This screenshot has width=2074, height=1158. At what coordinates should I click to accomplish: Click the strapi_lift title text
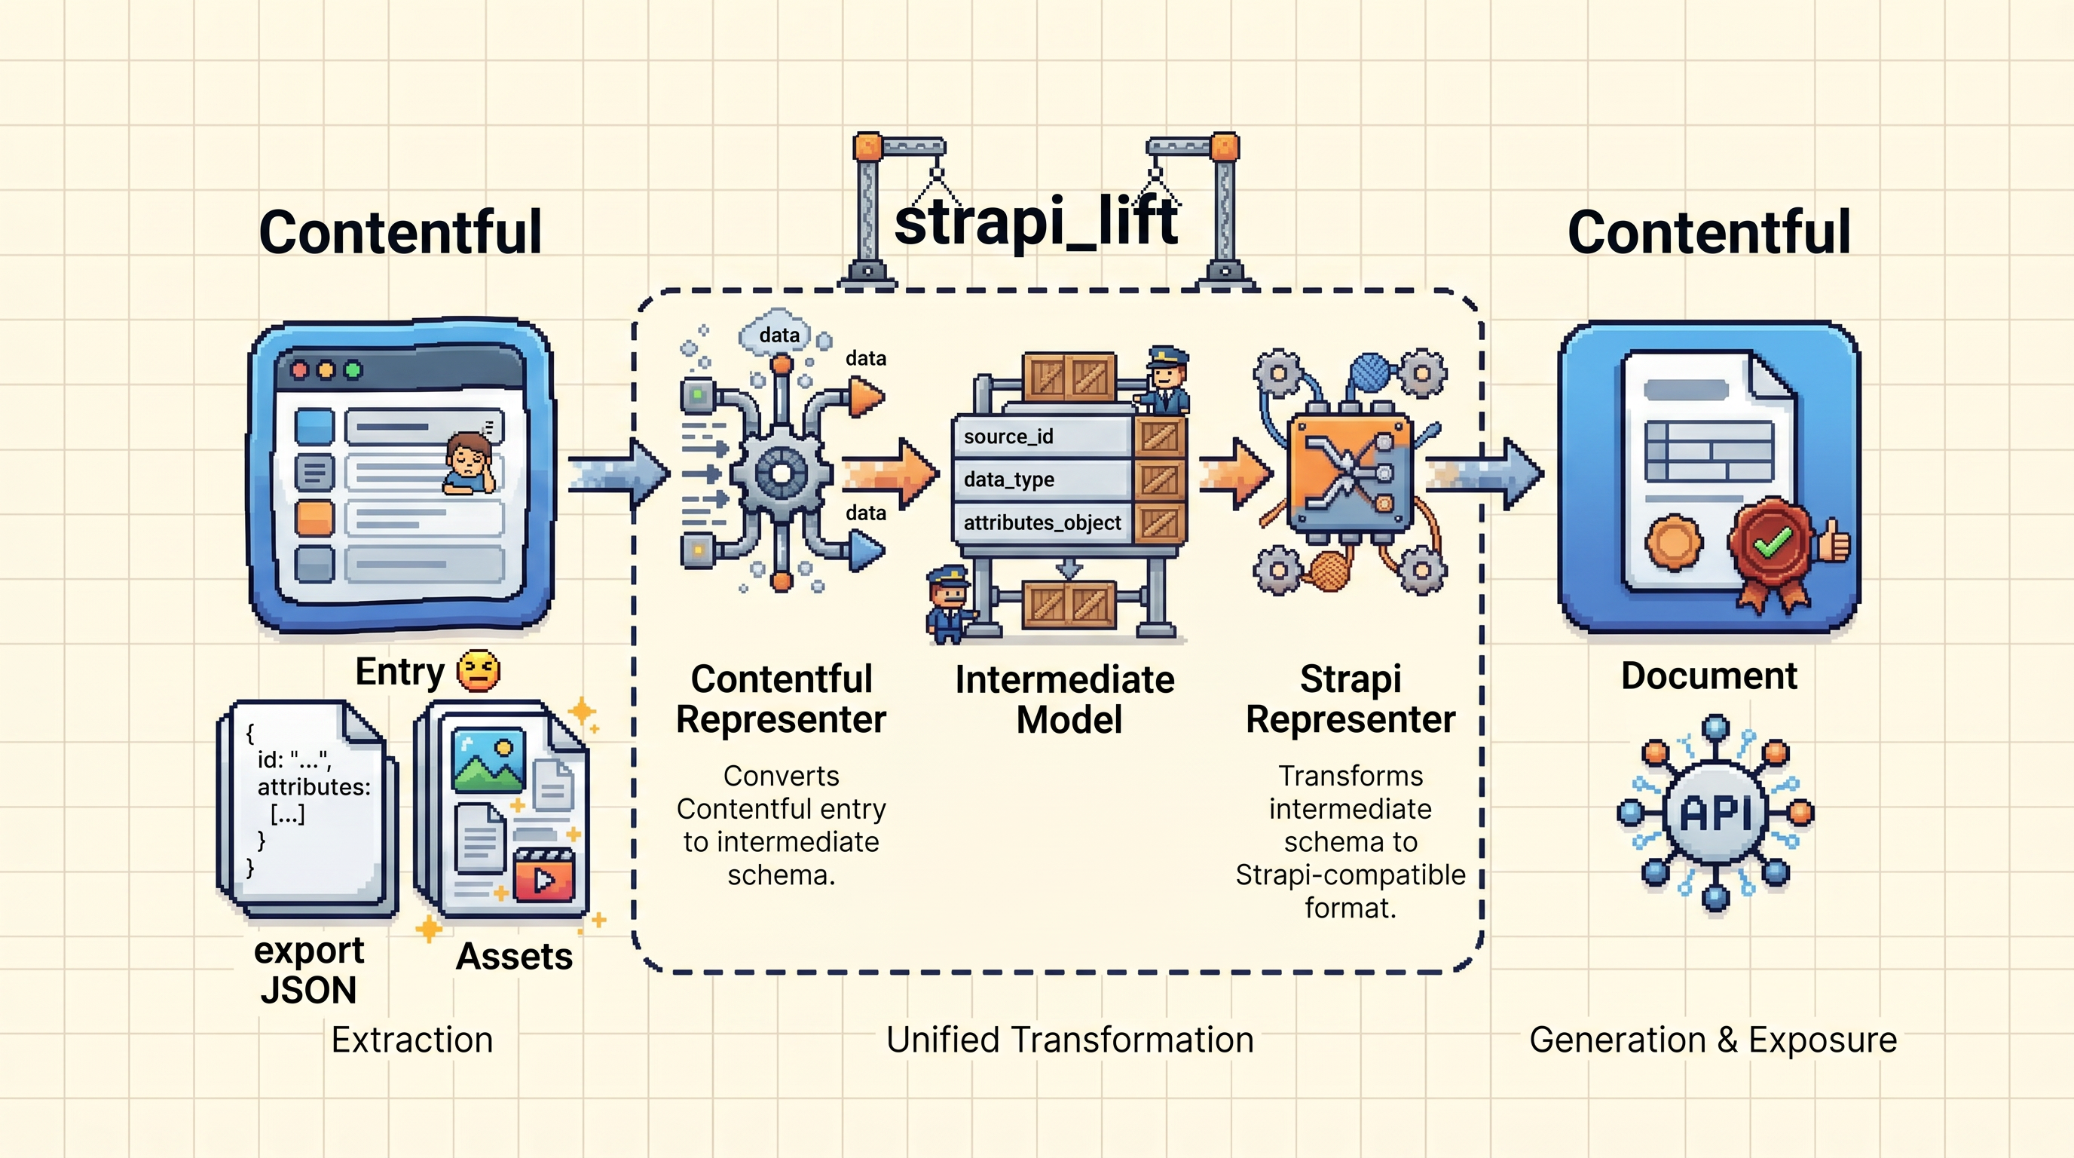[1036, 222]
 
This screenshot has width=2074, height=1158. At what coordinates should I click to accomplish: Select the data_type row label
[1009, 480]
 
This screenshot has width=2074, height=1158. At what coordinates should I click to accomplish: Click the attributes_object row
[1042, 522]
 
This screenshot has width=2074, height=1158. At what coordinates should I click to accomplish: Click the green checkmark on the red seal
[1771, 542]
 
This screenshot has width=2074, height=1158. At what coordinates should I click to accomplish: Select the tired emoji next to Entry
[478, 672]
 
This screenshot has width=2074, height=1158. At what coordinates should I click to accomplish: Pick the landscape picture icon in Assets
[488, 760]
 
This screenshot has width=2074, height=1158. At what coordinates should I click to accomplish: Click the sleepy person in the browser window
[469, 464]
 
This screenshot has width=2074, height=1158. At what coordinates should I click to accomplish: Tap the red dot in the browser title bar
[299, 370]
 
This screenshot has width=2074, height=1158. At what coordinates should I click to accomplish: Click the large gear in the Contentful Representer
[780, 473]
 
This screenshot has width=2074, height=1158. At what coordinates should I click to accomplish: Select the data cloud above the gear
[779, 332]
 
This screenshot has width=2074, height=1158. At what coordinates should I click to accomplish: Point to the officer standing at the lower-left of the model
[948, 604]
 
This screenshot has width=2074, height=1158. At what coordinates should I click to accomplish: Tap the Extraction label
[411, 1040]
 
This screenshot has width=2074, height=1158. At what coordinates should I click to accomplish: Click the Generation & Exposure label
[1712, 1040]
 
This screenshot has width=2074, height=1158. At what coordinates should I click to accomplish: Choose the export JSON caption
[308, 970]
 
